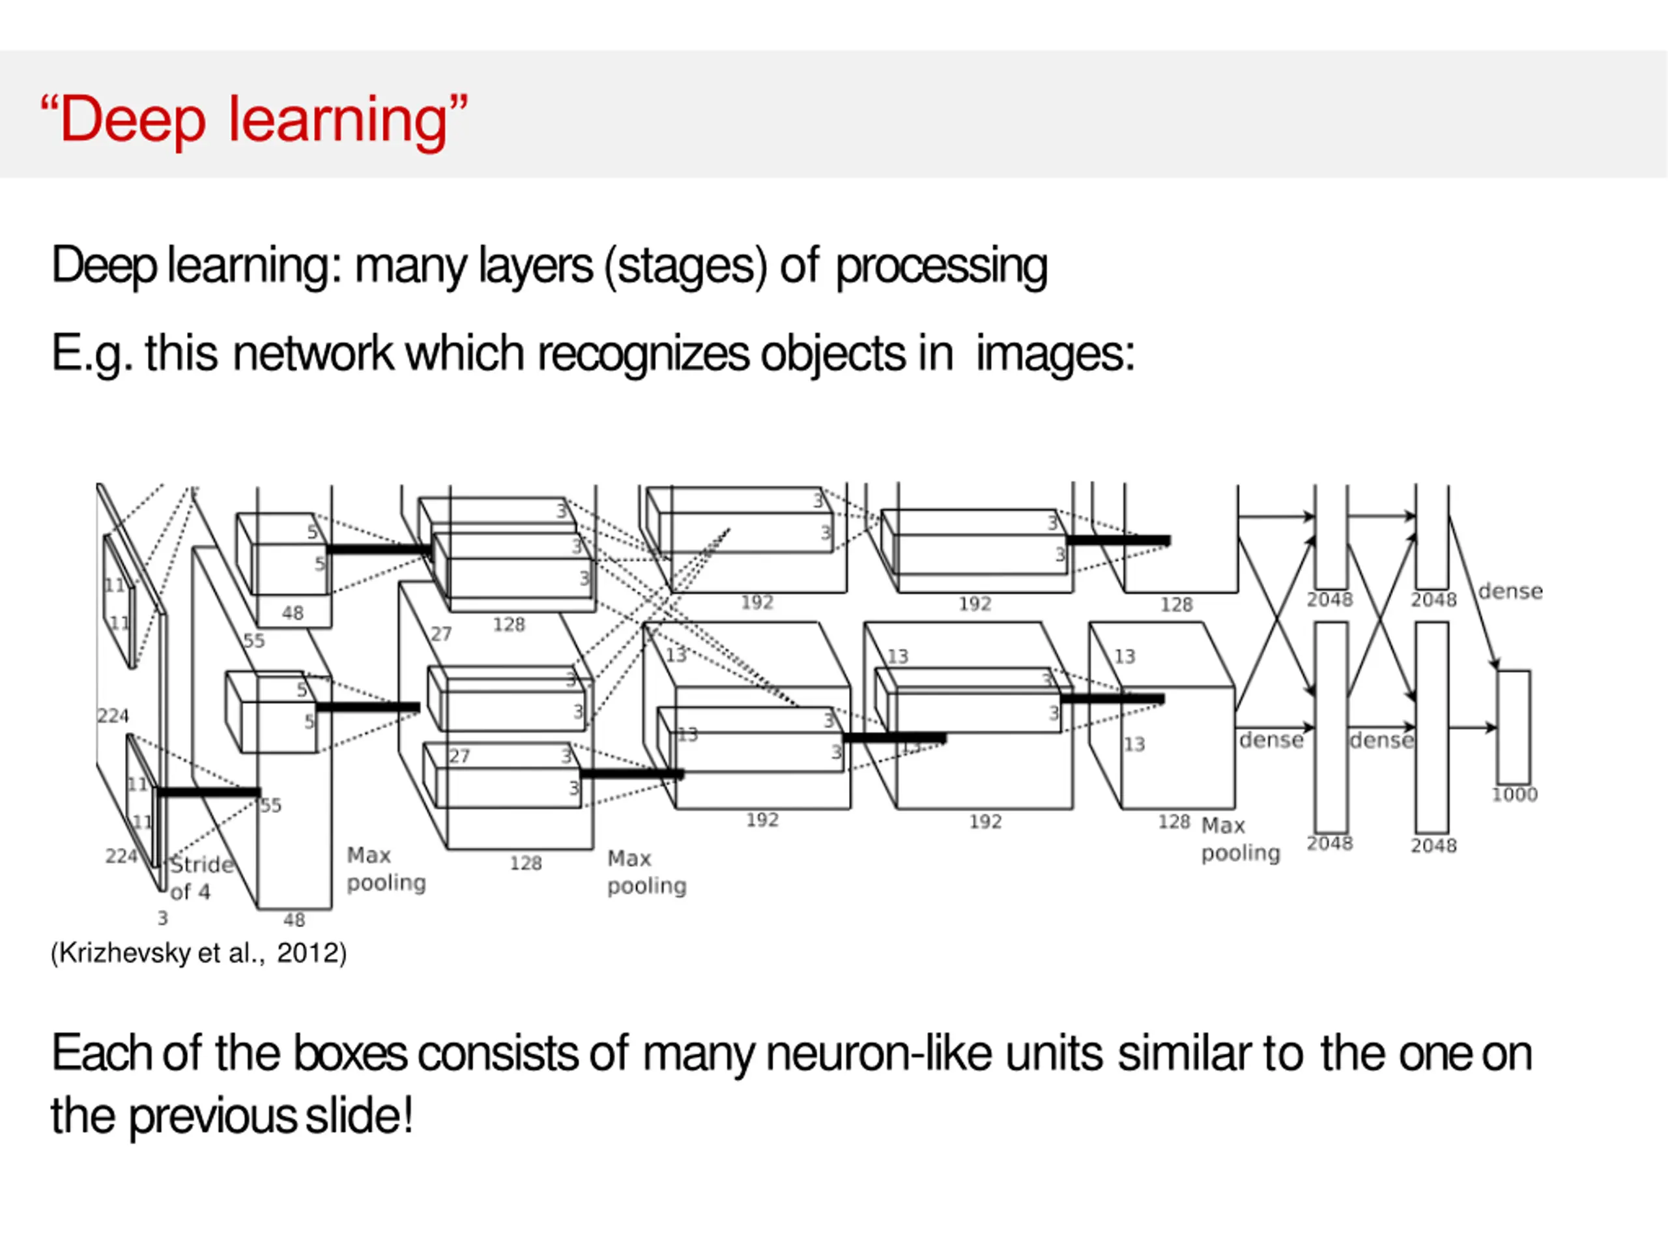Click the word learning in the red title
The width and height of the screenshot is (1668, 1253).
(x=338, y=119)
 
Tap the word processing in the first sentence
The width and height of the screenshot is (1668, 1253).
(x=941, y=266)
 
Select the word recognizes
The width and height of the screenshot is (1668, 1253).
(x=642, y=354)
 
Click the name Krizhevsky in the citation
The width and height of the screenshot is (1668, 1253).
(x=124, y=954)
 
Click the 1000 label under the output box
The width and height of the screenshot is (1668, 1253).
(x=1514, y=794)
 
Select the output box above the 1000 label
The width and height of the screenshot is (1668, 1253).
(x=1514, y=727)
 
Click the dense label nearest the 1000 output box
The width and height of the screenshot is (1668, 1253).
(x=1510, y=591)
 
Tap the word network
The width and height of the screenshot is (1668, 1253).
(x=313, y=354)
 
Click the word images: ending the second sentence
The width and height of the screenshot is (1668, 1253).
(x=1056, y=354)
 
